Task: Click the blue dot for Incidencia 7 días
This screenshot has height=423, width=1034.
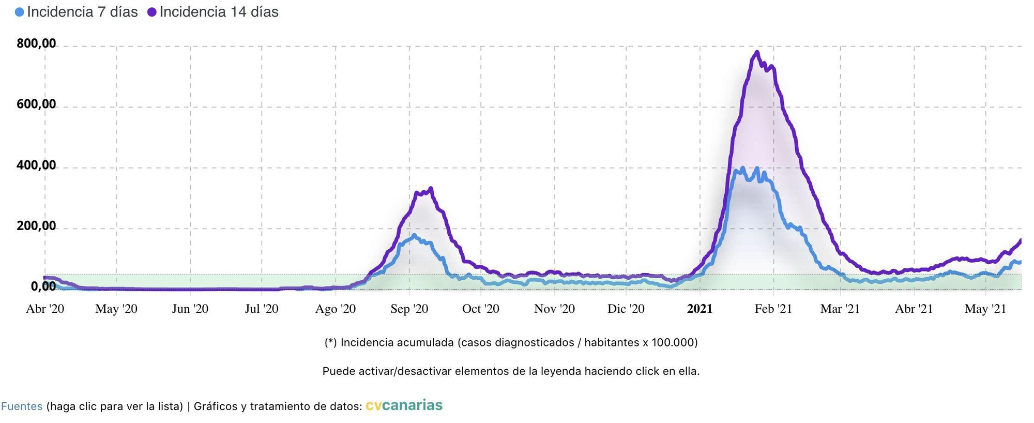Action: tap(20, 12)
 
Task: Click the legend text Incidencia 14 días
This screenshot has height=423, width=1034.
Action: tap(219, 12)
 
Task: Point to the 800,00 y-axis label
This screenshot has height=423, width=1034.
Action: tap(36, 43)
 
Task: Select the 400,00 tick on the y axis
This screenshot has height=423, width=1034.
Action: tap(36, 165)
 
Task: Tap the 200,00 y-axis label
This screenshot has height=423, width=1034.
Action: tap(36, 226)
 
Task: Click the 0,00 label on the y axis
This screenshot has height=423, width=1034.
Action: tap(43, 286)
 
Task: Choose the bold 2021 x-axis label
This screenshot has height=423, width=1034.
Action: tap(700, 309)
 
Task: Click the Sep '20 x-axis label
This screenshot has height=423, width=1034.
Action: tap(409, 309)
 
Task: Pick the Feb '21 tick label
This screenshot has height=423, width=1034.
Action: tap(773, 309)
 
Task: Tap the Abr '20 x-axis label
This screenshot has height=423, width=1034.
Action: tap(45, 309)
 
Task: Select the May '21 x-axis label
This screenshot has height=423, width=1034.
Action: tap(985, 309)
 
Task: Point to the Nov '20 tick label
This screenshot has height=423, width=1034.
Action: tap(554, 309)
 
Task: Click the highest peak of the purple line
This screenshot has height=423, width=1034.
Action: tap(757, 52)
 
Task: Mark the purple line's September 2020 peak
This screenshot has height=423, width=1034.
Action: tap(431, 189)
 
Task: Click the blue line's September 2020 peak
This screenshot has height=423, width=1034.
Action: tap(414, 235)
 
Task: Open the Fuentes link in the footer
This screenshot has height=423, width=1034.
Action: tap(22, 406)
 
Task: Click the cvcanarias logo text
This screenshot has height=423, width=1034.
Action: tap(404, 405)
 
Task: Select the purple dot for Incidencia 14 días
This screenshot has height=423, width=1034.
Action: tap(152, 12)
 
